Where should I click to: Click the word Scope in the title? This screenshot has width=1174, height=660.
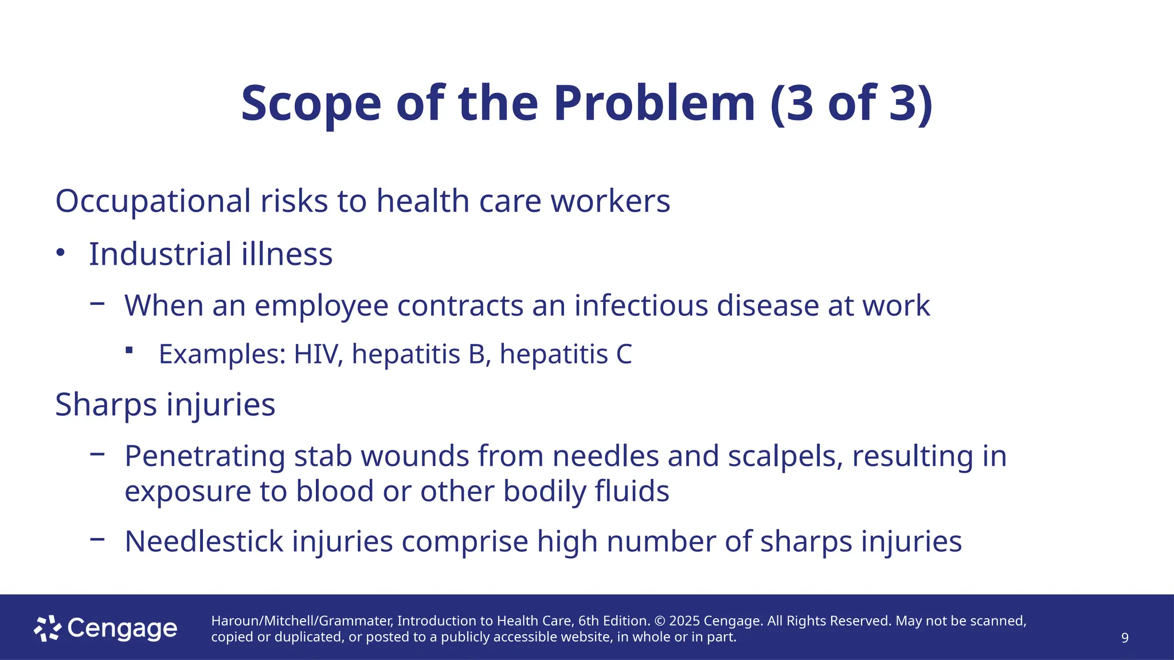point(311,104)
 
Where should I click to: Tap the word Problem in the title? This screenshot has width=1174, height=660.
point(654,104)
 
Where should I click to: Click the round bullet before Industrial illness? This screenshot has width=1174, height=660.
point(61,253)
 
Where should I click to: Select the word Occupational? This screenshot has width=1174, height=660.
point(153,201)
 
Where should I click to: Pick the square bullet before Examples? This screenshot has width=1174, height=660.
point(130,350)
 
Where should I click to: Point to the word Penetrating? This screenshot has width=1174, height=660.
point(205,457)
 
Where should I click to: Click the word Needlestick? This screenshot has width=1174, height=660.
point(204,541)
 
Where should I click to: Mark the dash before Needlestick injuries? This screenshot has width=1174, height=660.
point(97,539)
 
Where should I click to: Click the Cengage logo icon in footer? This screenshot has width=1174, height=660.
point(47,628)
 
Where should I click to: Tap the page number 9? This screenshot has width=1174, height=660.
point(1125,638)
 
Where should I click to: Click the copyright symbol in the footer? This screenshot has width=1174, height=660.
point(659,621)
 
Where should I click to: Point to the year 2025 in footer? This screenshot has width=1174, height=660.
point(684,621)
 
